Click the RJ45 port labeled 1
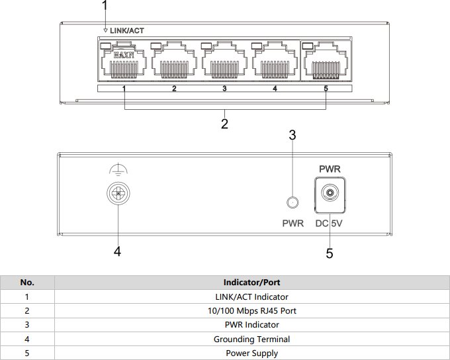[x=124, y=63]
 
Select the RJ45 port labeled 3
[x=224, y=63]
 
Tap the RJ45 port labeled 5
[x=326, y=63]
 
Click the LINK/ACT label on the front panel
[x=126, y=30]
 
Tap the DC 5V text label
[x=329, y=224]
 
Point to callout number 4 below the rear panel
[x=117, y=251]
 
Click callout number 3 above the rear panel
[x=292, y=135]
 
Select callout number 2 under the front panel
[x=225, y=124]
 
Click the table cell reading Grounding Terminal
[x=251, y=339]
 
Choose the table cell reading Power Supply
[x=251, y=353]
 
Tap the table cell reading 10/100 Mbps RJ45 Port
[x=251, y=311]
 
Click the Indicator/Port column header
[x=251, y=283]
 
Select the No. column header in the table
[x=27, y=283]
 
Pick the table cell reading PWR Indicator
[x=251, y=325]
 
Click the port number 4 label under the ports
[x=275, y=88]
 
